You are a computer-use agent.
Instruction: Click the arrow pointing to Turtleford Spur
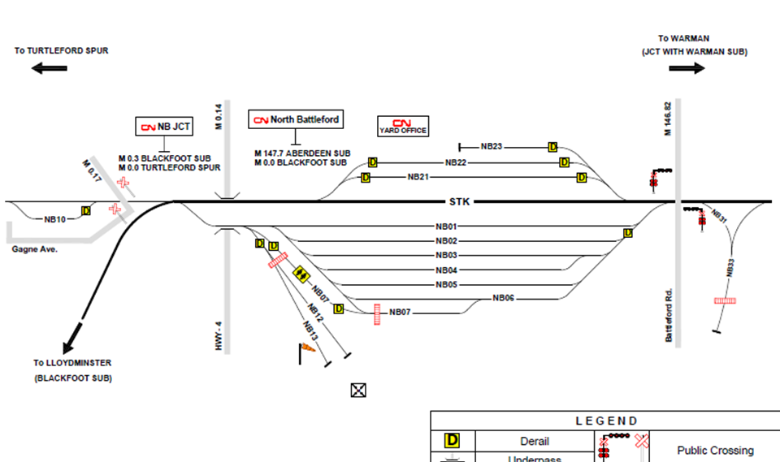tap(50, 69)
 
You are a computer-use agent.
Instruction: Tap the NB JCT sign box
tap(165, 127)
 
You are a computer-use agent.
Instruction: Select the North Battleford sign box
tap(296, 119)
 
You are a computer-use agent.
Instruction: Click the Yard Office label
tap(403, 127)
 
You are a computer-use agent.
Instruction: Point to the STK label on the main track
tap(460, 201)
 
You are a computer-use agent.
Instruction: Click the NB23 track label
tap(492, 147)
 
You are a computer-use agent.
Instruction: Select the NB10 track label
tap(55, 219)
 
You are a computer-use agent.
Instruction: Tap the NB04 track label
tap(447, 270)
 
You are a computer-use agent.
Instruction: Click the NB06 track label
tap(504, 298)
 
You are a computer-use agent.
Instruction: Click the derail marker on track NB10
tap(86, 211)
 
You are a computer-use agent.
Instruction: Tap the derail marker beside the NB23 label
tap(552, 147)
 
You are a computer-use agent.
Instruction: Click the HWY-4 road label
tap(219, 335)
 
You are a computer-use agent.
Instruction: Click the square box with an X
tap(357, 391)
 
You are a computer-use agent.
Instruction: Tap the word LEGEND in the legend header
tap(606, 421)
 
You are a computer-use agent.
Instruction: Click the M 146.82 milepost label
tap(668, 119)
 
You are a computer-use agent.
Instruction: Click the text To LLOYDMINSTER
tap(72, 363)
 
